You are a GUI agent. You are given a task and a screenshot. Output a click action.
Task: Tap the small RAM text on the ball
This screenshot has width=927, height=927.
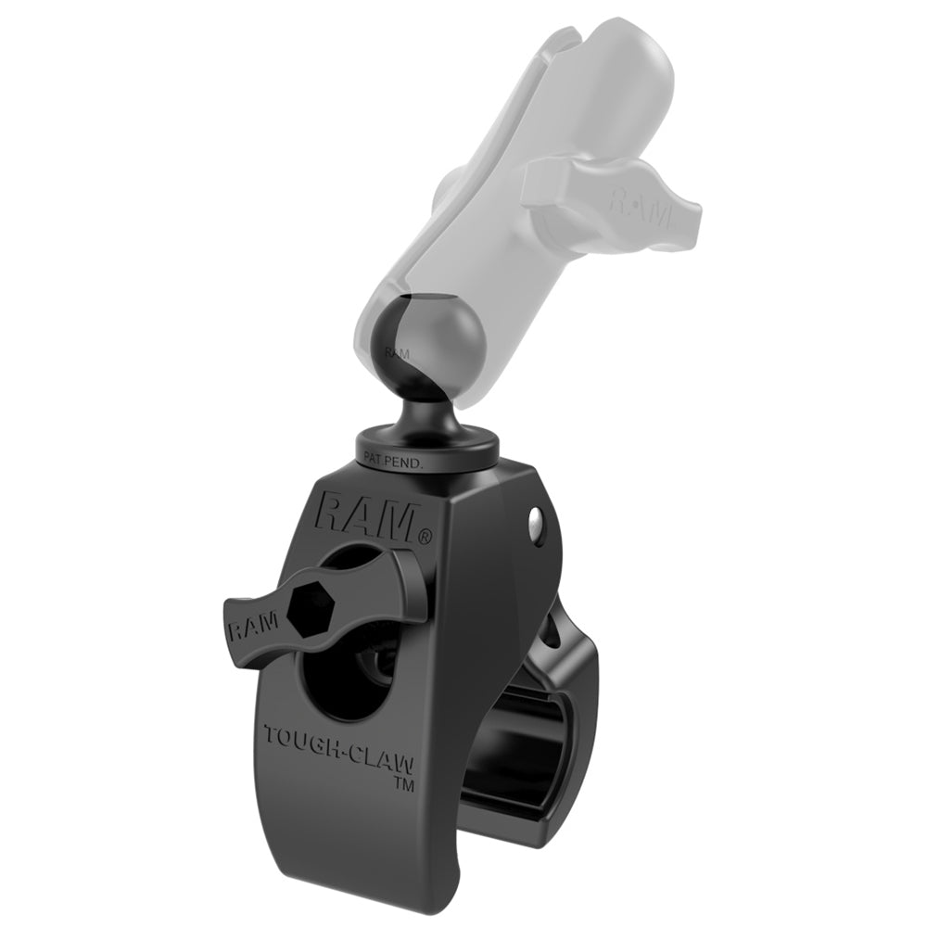tap(397, 353)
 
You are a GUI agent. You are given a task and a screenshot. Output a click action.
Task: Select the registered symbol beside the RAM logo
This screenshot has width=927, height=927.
tap(425, 536)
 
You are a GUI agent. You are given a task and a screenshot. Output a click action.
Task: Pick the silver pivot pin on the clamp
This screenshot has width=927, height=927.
tap(536, 526)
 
